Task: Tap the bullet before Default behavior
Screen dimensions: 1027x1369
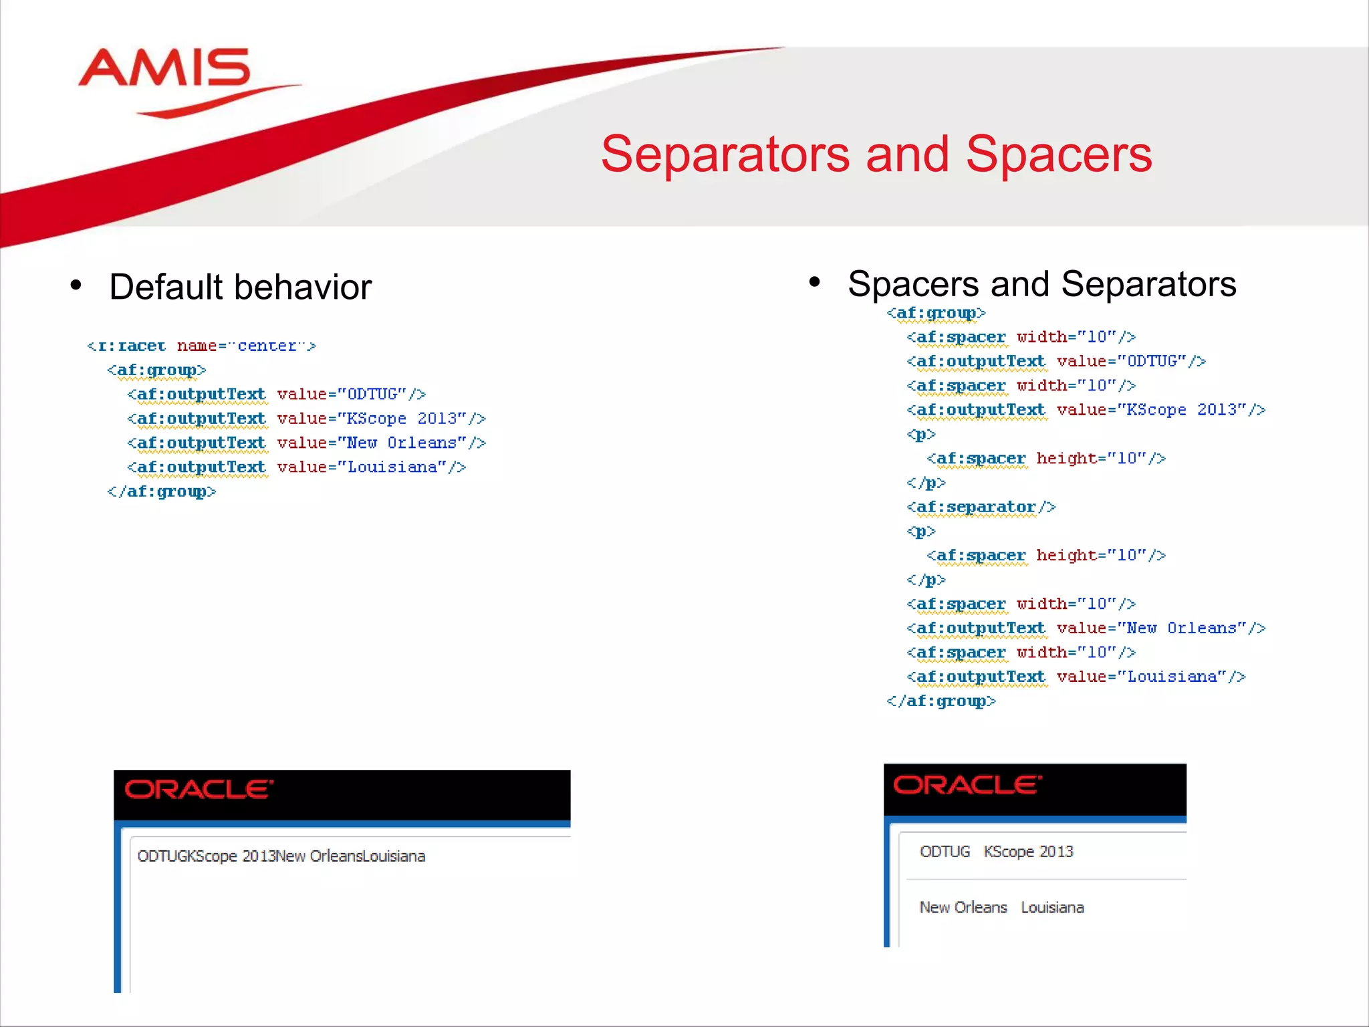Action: tap(76, 286)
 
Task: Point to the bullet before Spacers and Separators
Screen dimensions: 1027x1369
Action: tap(814, 282)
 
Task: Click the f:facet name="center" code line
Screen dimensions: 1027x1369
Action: tap(201, 346)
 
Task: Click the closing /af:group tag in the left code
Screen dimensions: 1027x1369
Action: tap(161, 491)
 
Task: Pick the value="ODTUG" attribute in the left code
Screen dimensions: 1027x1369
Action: tap(350, 394)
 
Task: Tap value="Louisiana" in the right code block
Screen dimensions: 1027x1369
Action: tap(1150, 677)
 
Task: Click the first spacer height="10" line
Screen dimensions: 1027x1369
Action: tap(1045, 459)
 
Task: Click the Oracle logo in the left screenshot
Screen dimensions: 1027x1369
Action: tap(199, 789)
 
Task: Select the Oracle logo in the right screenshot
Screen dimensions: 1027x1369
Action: tap(967, 785)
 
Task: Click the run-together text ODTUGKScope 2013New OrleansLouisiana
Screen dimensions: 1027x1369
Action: tap(281, 857)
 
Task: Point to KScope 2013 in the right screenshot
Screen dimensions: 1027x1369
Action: tap(1028, 852)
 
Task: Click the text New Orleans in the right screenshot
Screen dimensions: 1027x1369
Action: tap(963, 907)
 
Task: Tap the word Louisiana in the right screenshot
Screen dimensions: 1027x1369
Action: tap(1052, 907)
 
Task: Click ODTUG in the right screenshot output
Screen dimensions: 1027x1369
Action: tap(944, 852)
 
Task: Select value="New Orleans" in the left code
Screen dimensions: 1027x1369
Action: tap(380, 443)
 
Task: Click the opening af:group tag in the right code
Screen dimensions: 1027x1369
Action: tap(935, 313)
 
